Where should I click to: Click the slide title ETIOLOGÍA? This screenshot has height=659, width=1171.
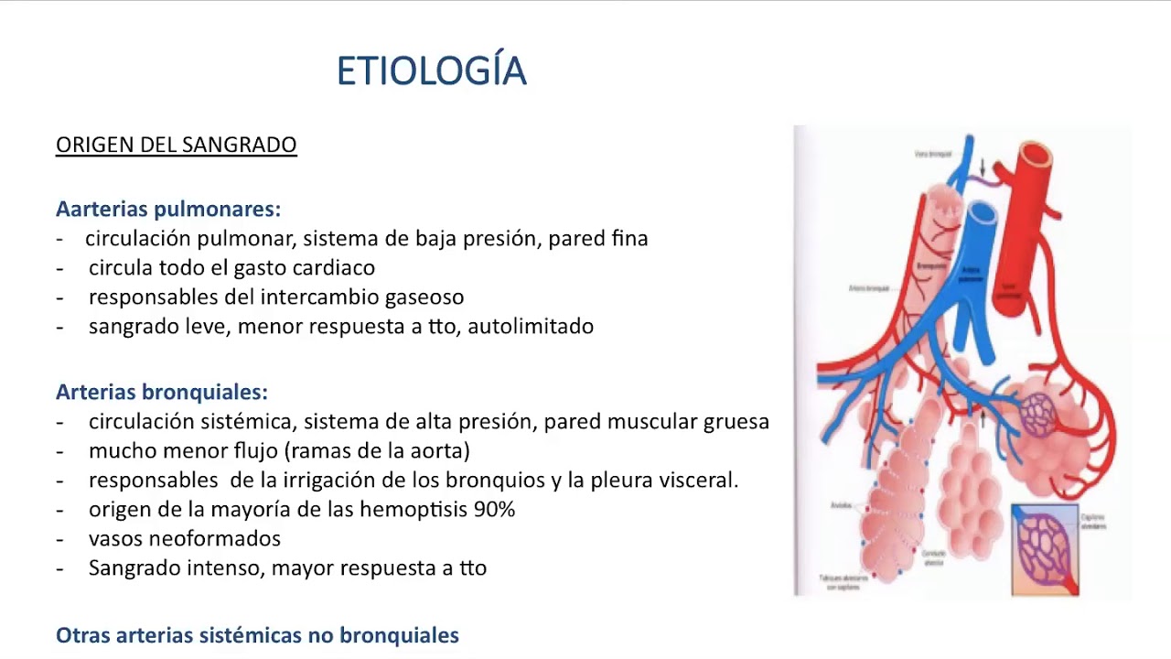pyautogui.click(x=431, y=71)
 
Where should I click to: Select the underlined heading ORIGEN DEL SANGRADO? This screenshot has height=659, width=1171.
pyautogui.click(x=176, y=145)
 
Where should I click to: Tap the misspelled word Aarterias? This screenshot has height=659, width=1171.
pyautogui.click(x=102, y=209)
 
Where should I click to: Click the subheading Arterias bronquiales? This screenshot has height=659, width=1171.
pyautogui.click(x=161, y=392)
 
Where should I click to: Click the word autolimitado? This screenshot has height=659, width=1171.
pyautogui.click(x=531, y=326)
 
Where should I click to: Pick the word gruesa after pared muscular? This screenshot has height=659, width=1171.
pyautogui.click(x=736, y=421)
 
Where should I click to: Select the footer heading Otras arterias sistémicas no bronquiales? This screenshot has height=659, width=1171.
pyautogui.click(x=257, y=634)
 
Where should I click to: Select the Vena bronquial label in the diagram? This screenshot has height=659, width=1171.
pyautogui.click(x=933, y=154)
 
